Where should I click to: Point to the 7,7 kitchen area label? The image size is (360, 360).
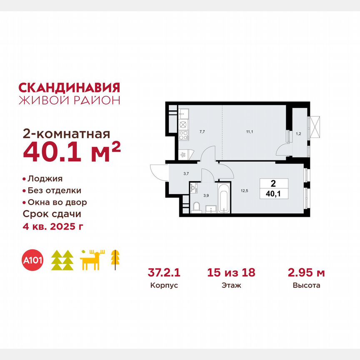tap(202, 131)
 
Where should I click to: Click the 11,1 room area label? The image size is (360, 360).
tap(249, 131)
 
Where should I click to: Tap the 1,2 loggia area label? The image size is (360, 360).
tap(298, 133)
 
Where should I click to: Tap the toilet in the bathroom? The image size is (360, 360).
tap(197, 207)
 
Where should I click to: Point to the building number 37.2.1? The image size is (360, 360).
tap(163, 273)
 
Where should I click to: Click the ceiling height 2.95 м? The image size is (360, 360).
tap(306, 273)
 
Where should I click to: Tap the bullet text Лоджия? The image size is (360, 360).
tap(45, 179)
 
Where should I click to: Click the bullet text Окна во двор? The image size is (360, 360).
tap(57, 202)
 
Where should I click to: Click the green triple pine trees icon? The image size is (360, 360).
tap(62, 260)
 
